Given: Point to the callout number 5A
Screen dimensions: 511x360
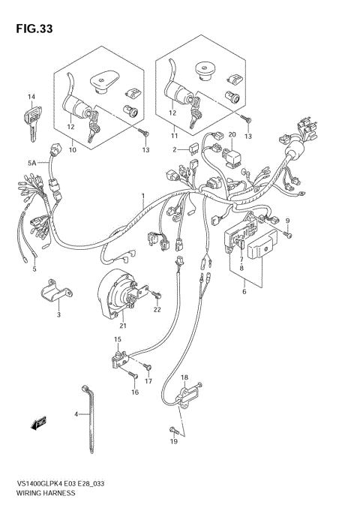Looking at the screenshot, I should [x=32, y=162].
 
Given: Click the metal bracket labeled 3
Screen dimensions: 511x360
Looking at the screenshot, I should [x=49, y=296].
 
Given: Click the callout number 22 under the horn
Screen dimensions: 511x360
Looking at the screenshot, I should [x=157, y=310].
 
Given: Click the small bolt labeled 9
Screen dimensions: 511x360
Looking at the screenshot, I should [x=289, y=233].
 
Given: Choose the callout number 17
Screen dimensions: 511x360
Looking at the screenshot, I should [x=148, y=381].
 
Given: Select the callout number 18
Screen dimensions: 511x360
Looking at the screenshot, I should [x=184, y=377].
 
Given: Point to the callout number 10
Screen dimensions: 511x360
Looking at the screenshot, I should [x=72, y=150].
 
